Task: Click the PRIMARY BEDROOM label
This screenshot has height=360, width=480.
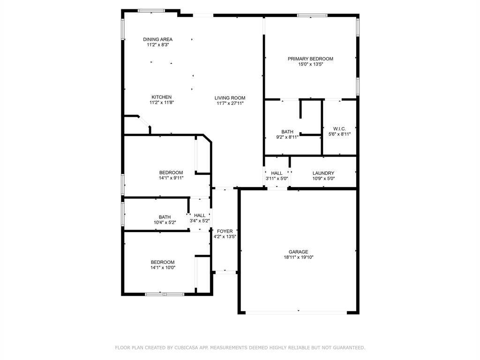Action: [310, 59]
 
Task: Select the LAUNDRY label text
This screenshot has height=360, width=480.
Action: [323, 173]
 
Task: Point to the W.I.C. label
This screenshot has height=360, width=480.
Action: [339, 128]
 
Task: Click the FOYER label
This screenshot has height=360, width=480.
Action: [225, 231]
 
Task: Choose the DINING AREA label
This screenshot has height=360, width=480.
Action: [157, 39]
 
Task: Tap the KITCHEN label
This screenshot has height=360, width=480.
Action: [161, 97]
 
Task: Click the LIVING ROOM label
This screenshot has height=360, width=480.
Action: [230, 98]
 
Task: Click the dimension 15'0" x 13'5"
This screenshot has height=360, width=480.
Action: [310, 64]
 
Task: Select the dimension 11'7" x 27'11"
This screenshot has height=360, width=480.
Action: [230, 104]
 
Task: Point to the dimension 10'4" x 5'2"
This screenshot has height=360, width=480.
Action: [165, 222]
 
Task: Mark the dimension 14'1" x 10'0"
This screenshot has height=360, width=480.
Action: [163, 268]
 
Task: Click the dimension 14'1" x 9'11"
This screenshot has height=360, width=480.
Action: [171, 178]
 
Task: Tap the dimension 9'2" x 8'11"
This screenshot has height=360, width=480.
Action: [287, 137]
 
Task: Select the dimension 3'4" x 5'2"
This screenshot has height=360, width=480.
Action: [199, 221]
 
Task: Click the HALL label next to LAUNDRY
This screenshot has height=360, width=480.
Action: [277, 173]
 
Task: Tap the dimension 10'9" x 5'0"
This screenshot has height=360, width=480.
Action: [323, 179]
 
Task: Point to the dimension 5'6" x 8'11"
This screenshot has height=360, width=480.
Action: [339, 134]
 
